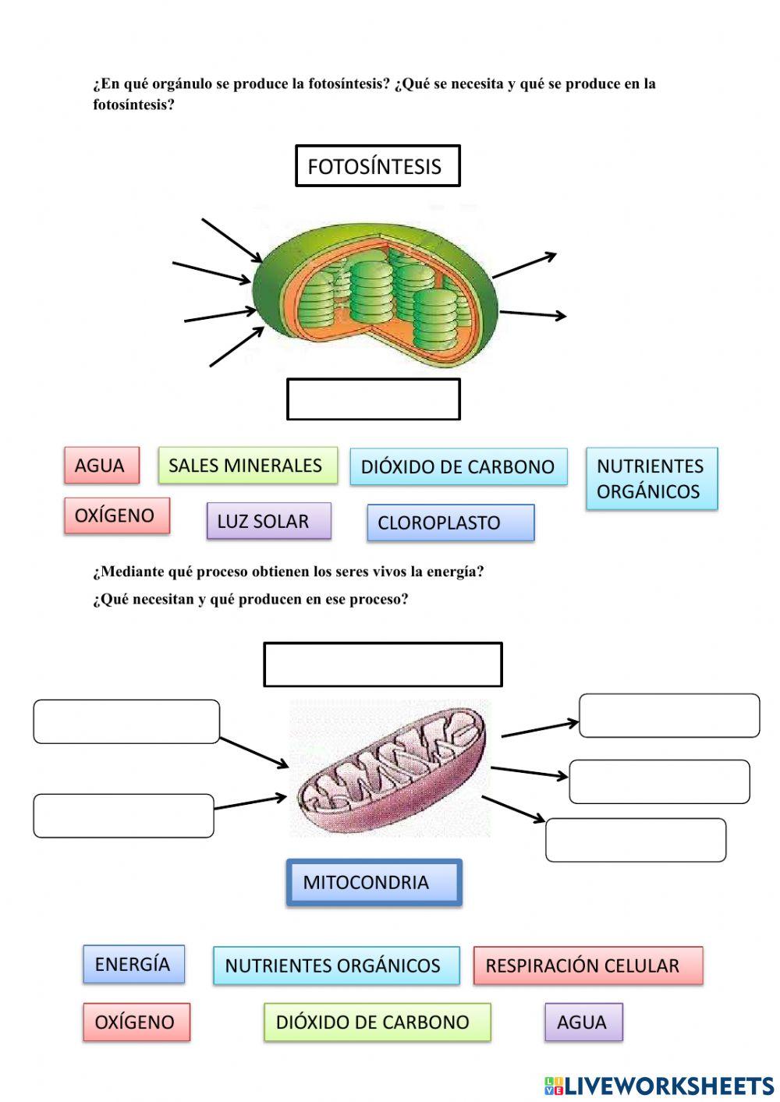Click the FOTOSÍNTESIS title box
(x=378, y=165)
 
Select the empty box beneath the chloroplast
(x=374, y=399)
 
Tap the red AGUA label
(x=101, y=466)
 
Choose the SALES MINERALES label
(x=247, y=466)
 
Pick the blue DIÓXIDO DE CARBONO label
(x=458, y=467)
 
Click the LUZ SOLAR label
(x=268, y=521)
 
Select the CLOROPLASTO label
(x=450, y=523)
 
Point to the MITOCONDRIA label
(x=374, y=882)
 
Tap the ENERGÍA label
(x=133, y=964)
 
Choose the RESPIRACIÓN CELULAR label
(x=587, y=966)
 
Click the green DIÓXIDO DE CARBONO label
(x=377, y=1022)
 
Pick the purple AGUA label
(x=583, y=1022)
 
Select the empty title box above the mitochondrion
(x=382, y=664)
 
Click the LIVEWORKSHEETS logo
(x=659, y=1086)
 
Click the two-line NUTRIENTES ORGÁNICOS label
(x=651, y=479)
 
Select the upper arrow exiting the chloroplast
(x=525, y=265)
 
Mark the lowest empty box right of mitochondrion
(x=636, y=840)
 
